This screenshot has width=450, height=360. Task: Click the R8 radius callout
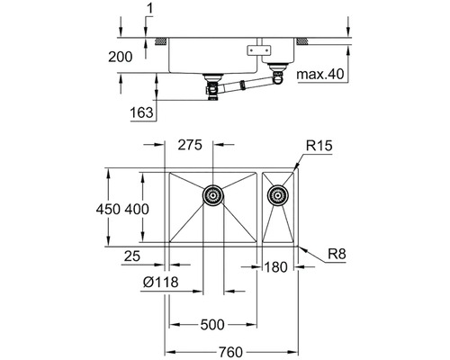pyautogui.click(x=337, y=256)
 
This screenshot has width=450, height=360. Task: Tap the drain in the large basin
pyautogui.click(x=213, y=193)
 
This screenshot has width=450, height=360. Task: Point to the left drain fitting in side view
pyautogui.click(x=214, y=90)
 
